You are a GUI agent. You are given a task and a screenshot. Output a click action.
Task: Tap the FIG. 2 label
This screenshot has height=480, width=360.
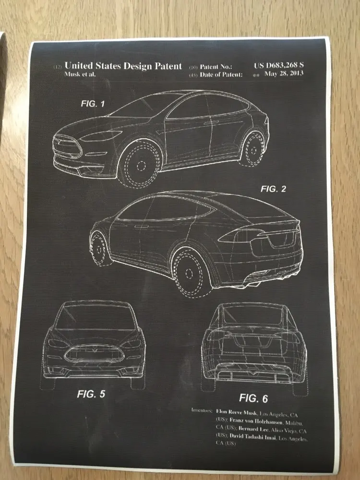[x=273, y=189]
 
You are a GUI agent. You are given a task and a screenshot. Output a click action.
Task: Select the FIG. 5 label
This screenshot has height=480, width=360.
[x=91, y=394]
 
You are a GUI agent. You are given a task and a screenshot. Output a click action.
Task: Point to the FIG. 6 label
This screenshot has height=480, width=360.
[x=253, y=398]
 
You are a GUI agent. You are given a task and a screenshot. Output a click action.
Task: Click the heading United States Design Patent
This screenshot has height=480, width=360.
[x=123, y=66]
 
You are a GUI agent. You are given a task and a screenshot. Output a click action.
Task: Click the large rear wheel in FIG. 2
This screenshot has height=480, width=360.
[x=193, y=274]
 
